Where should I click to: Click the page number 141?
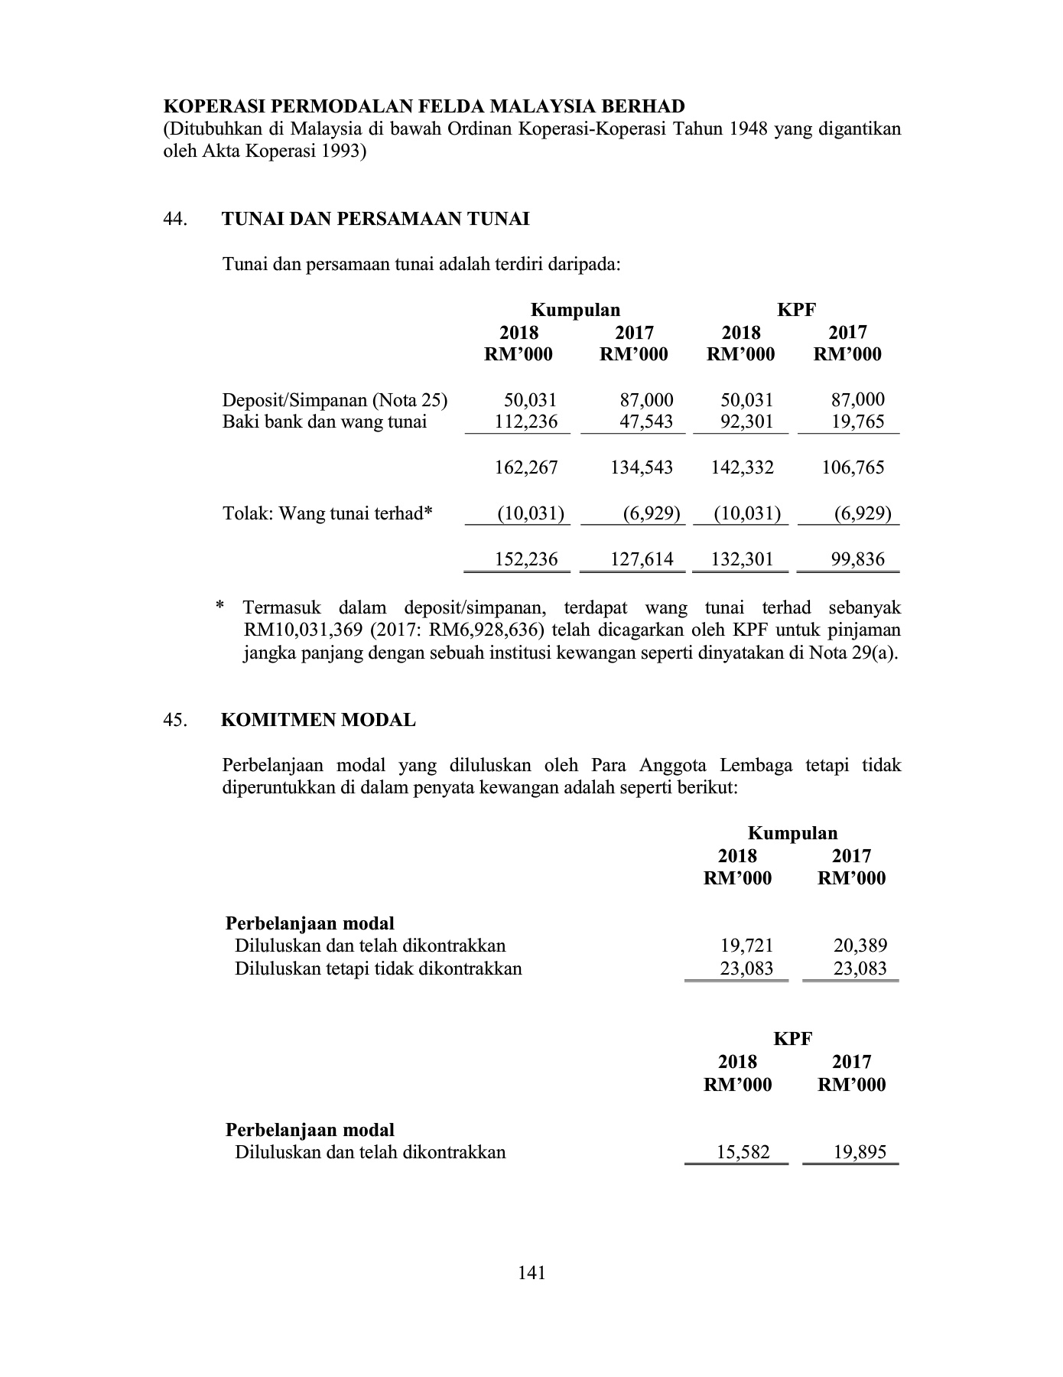tap(531, 1272)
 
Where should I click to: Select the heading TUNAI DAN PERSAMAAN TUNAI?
tap(375, 220)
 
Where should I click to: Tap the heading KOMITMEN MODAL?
tap(318, 720)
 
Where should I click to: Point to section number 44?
tap(175, 220)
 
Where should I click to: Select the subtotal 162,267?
tap(526, 467)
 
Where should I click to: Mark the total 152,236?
tap(526, 559)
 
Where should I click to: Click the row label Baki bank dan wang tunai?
tap(324, 422)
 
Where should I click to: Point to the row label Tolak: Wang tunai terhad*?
tap(327, 513)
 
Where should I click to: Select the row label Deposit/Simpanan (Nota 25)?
tap(335, 400)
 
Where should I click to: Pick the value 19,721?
tap(747, 946)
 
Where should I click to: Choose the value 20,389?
tap(860, 946)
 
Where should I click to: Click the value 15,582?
tap(743, 1152)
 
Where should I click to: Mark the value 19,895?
tap(860, 1152)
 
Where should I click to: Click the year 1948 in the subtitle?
tap(747, 129)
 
